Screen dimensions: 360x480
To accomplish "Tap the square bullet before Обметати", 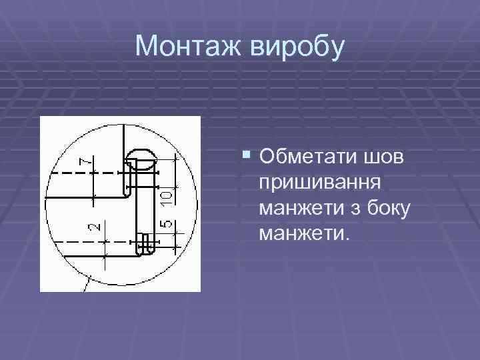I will tap(247, 156).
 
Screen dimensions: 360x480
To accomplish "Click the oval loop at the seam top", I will tap(141, 157).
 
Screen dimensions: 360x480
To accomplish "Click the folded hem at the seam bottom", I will tap(145, 245).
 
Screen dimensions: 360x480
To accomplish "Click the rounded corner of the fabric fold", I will tap(127, 193).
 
